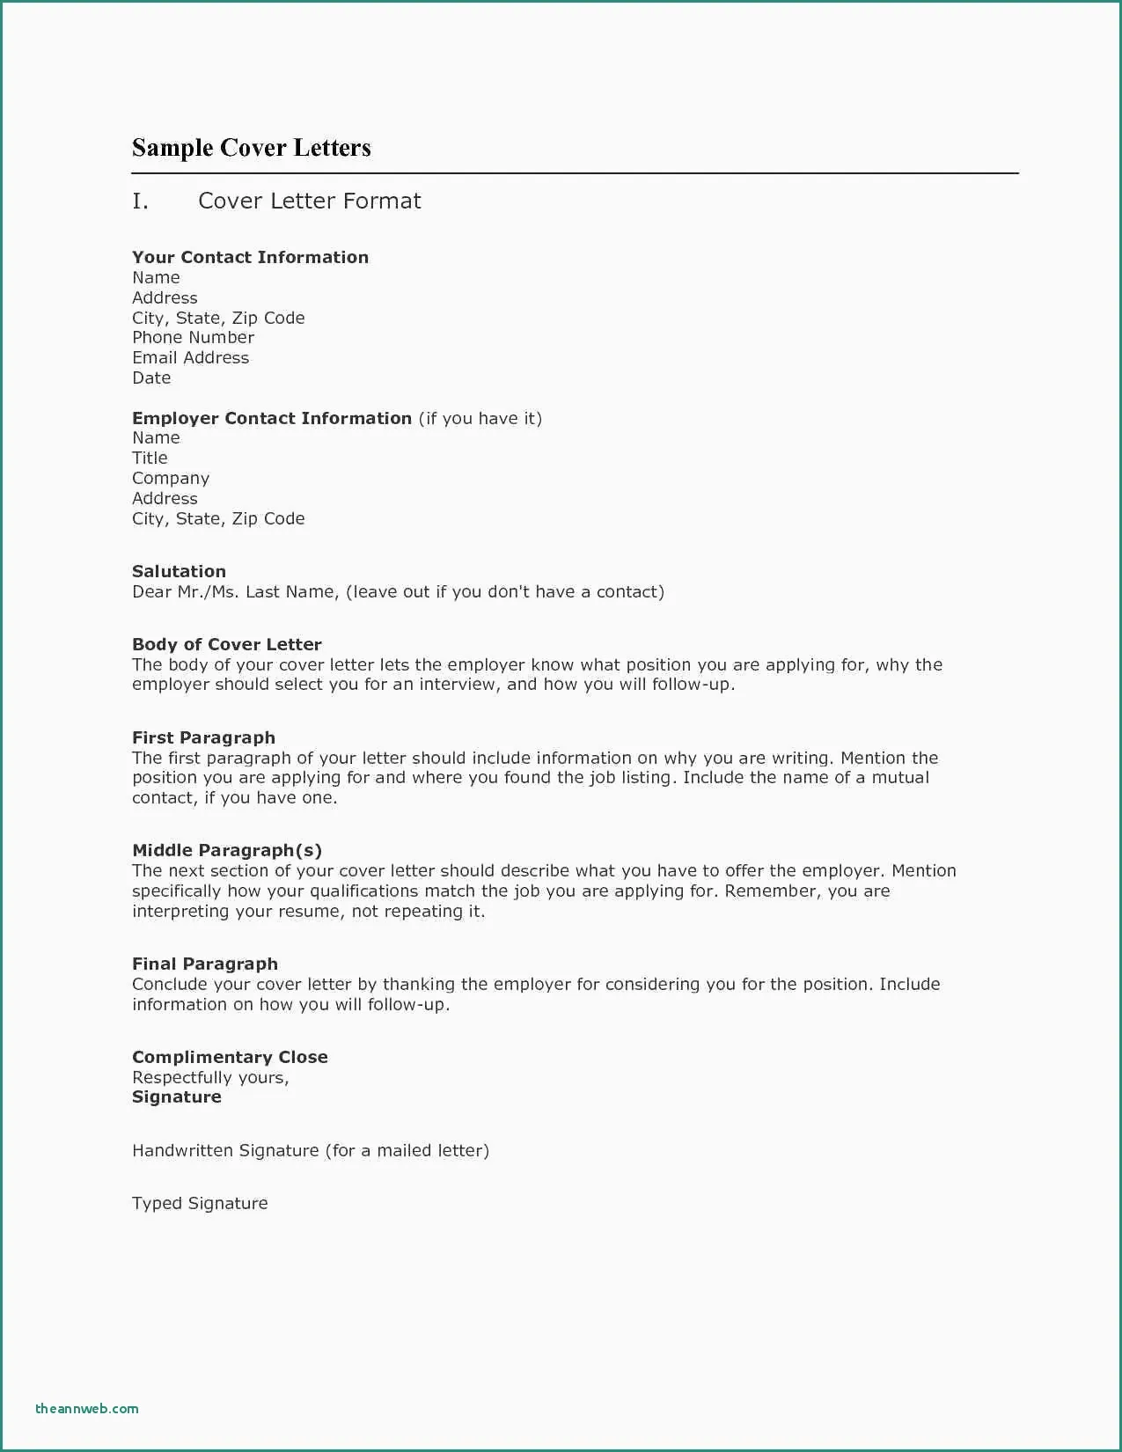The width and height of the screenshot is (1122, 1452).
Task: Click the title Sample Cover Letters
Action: click(251, 148)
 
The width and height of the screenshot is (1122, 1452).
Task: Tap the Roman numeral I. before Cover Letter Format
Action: click(140, 202)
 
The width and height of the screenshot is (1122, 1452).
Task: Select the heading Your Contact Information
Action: click(250, 257)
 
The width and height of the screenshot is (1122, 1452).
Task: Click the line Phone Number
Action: click(193, 337)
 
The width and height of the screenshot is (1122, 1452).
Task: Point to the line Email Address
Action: click(190, 357)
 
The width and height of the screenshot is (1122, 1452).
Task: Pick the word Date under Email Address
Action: click(151, 378)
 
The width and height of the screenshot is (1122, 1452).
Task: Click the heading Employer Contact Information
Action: click(271, 418)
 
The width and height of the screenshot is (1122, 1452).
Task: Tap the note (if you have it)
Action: click(480, 418)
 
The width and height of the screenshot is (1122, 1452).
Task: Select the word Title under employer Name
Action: click(150, 458)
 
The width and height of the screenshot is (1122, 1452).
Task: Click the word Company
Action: click(171, 479)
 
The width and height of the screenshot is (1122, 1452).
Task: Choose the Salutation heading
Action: click(179, 571)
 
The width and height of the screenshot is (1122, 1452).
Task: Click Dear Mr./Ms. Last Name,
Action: click(235, 591)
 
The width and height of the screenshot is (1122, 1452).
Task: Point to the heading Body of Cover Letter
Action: click(226, 644)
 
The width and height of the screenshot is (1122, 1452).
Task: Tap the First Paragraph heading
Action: click(203, 737)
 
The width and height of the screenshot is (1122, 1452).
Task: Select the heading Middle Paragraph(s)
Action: click(226, 850)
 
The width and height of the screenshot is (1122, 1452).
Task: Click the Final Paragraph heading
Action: click(204, 964)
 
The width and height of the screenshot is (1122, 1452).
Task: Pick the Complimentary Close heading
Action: click(230, 1057)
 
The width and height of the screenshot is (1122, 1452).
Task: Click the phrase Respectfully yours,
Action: click(210, 1077)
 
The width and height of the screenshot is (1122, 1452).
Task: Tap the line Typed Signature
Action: click(200, 1203)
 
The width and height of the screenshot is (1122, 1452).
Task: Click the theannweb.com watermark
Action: click(86, 1408)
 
